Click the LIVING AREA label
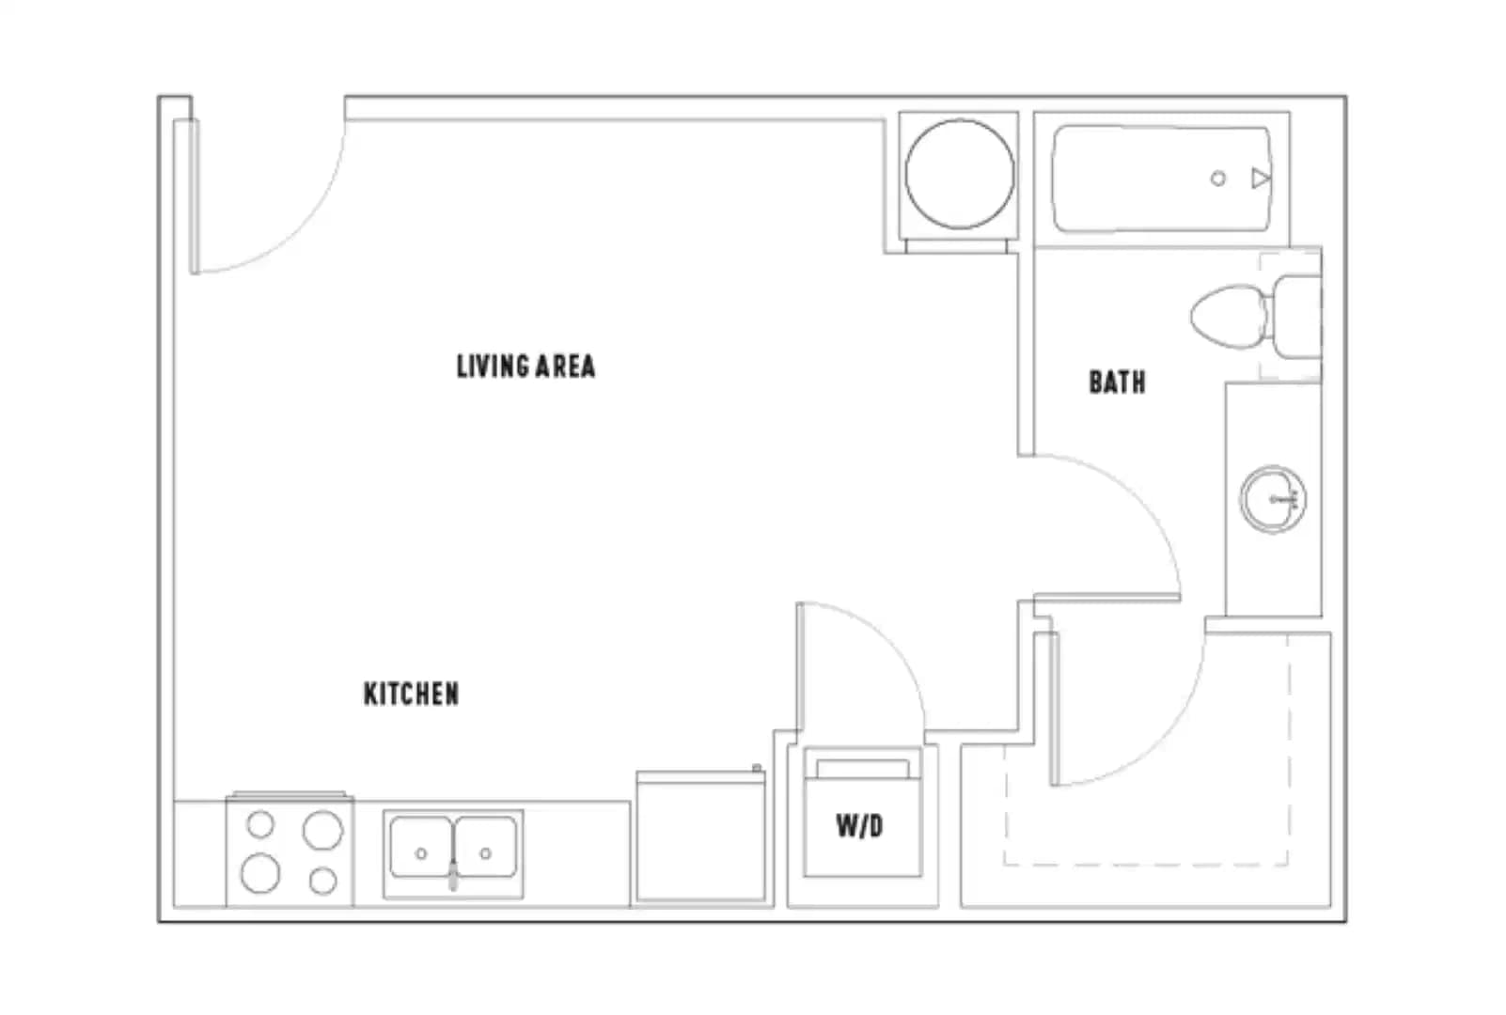[526, 367]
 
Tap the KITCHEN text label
[412, 694]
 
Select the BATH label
[1118, 382]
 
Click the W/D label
[860, 826]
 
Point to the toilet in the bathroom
[1255, 316]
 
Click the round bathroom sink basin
[1273, 499]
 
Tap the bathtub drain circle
[1217, 179]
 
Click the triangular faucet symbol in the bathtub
[1260, 179]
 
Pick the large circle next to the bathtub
[960, 174]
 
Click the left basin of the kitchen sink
[421, 846]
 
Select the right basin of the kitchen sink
[486, 846]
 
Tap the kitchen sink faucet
[453, 874]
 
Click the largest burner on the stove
[322, 830]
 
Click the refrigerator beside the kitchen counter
[700, 836]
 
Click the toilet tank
[1297, 316]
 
